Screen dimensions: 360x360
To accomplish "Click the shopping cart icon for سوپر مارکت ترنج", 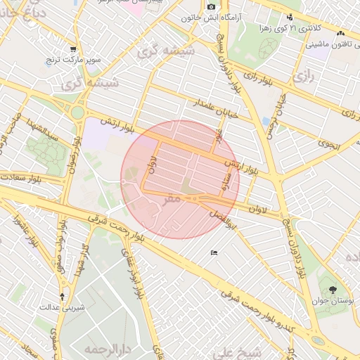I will [x=73, y=49].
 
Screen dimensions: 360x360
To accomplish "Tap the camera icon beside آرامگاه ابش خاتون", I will [x=211, y=6].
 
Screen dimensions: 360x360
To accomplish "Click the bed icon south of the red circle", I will [x=214, y=253].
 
